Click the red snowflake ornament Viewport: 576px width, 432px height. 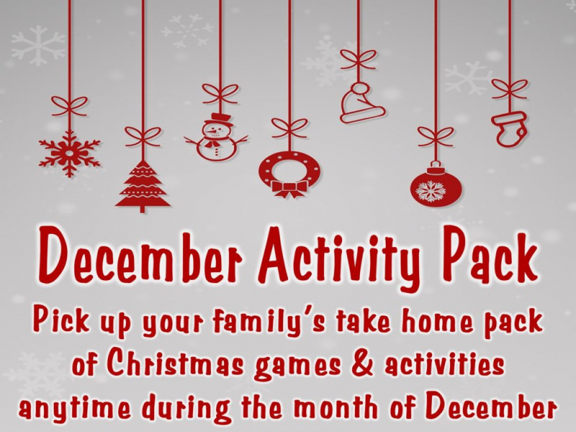(69, 153)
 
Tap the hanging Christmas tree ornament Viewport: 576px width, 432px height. (143, 186)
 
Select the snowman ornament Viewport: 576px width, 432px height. (217, 137)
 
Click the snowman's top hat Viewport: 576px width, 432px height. (219, 119)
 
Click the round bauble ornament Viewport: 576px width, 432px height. (436, 184)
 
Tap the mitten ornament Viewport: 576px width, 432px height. (510, 129)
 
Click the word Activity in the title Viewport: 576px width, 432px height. (341, 259)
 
